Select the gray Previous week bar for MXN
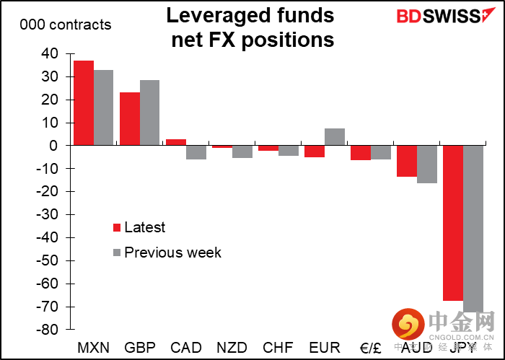(104, 107)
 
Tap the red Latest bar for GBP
(130, 118)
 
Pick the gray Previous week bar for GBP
(150, 113)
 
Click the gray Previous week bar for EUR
(335, 137)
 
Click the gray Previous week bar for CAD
(196, 152)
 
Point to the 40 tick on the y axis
(50, 53)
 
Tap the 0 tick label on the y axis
(53, 146)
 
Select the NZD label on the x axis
(232, 347)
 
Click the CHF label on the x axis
(278, 347)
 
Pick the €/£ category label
(369, 347)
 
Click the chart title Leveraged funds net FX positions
(252, 27)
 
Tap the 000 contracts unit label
(66, 25)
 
